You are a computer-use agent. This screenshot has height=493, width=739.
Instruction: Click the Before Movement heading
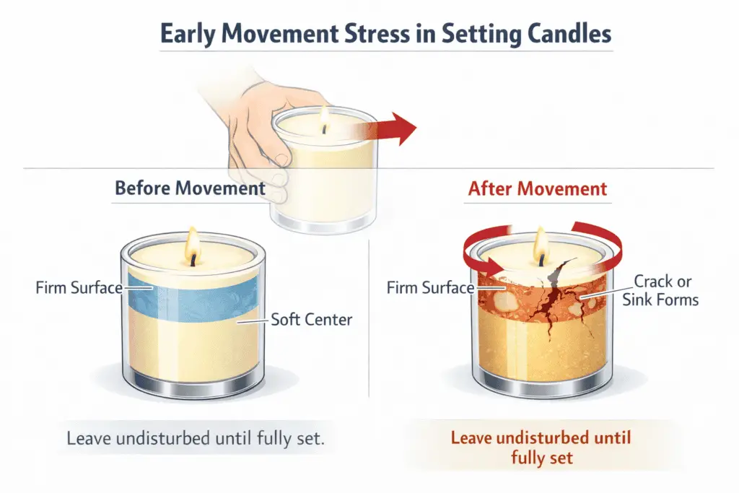pos(190,189)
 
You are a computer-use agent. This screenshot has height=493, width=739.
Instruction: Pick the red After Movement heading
pos(538,189)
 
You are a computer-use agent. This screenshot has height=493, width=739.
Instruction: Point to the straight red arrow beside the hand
pos(390,129)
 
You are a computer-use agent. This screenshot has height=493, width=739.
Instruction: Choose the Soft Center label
pos(311,319)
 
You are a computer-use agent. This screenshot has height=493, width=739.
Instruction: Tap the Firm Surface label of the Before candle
pos(79,288)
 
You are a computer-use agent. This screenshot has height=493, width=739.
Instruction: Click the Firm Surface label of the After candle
pos(430,288)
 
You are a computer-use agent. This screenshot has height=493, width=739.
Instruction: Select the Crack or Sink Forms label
pos(660,290)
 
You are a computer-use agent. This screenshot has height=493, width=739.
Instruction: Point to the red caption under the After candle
pos(541,448)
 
